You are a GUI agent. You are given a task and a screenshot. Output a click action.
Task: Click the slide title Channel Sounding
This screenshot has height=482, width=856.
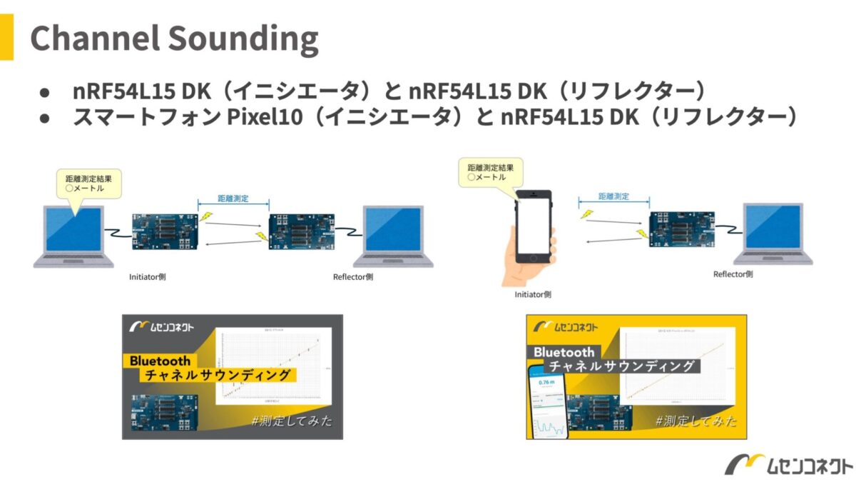pos(174,39)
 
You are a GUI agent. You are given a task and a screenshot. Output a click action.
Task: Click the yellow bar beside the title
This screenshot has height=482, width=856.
pos(6,37)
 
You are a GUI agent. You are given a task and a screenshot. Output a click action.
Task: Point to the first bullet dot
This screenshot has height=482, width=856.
pos(44,93)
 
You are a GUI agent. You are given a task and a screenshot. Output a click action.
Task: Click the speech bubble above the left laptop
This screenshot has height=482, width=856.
pos(88,184)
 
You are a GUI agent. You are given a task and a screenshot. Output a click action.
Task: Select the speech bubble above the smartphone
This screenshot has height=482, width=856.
pos(490,172)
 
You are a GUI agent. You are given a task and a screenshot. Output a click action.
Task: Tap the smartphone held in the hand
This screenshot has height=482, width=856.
pos(534,228)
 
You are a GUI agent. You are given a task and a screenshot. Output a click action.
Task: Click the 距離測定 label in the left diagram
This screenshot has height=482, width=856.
pos(233,199)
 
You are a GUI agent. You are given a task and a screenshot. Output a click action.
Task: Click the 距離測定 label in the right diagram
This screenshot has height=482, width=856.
pos(613,196)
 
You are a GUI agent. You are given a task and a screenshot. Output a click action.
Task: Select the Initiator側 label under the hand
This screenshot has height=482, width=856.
pos(532,294)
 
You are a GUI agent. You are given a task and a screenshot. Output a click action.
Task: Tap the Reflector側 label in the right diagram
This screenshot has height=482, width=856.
pos(733,274)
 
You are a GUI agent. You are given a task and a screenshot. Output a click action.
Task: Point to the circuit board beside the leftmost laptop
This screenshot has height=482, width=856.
pos(165,229)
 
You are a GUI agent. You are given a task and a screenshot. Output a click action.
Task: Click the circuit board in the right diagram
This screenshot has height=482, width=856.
pos(681,227)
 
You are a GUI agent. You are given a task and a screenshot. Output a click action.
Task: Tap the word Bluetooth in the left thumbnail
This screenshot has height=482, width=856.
pos(160,361)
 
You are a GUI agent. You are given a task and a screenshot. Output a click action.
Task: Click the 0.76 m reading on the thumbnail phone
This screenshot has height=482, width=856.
pos(546,383)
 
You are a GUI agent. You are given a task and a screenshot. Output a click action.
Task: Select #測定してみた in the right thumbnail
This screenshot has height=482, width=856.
pos(696,421)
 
